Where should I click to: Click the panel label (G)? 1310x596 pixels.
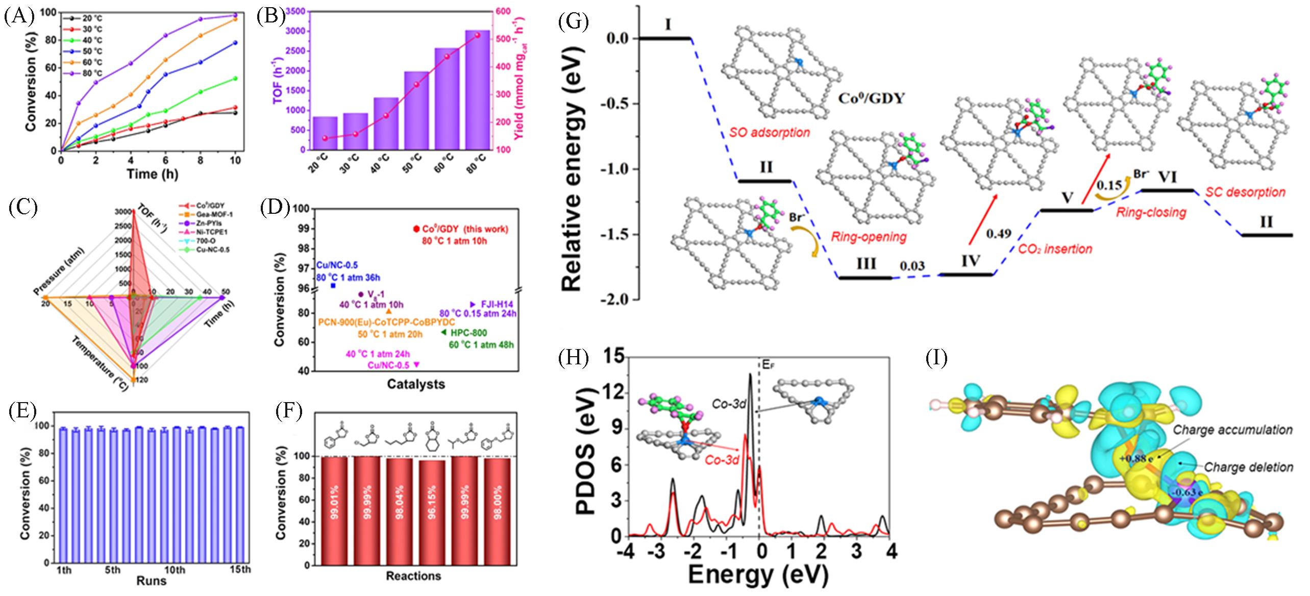(x=573, y=22)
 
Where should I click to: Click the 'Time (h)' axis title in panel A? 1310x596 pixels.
(x=149, y=174)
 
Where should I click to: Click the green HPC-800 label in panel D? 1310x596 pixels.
(x=468, y=333)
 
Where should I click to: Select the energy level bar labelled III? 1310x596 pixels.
(x=866, y=278)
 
